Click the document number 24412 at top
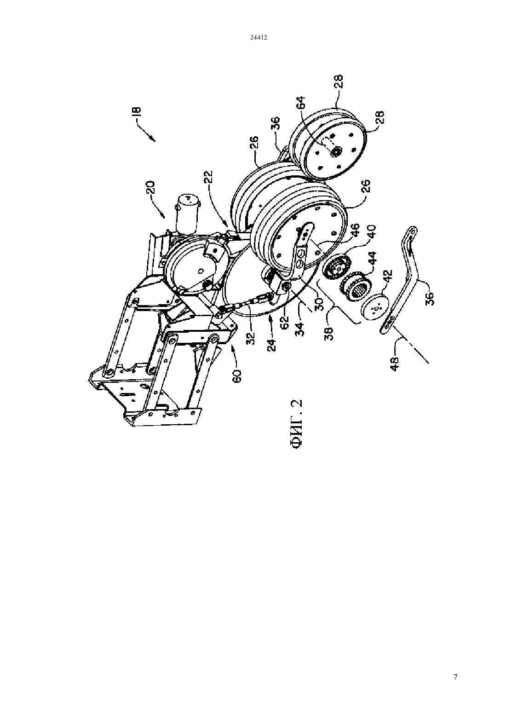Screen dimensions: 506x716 point(258,37)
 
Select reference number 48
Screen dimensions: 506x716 point(396,364)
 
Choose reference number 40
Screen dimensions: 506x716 point(372,233)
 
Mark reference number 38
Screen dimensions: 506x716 point(329,333)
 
